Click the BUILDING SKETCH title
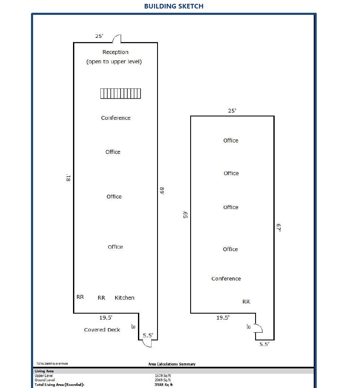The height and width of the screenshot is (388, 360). [174, 6]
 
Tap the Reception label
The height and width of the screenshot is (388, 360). [115, 52]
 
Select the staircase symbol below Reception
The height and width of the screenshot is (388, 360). [121, 93]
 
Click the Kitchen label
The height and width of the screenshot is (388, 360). [124, 298]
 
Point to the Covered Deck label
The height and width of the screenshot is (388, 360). [102, 330]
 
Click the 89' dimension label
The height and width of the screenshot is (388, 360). [162, 190]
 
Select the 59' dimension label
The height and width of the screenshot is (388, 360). [185, 215]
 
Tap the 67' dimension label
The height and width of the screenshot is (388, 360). [279, 229]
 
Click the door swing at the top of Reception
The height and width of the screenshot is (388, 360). [116, 39]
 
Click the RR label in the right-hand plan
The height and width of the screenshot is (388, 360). [246, 302]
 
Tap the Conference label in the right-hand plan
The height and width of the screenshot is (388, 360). [226, 279]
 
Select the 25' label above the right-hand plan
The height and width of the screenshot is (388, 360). [232, 110]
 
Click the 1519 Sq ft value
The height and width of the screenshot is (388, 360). [163, 376]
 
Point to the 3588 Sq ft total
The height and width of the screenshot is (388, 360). [163, 385]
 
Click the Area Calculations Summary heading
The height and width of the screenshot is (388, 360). [172, 364]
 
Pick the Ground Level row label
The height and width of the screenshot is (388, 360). [45, 380]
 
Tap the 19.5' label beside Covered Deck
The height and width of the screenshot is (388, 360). [106, 317]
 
